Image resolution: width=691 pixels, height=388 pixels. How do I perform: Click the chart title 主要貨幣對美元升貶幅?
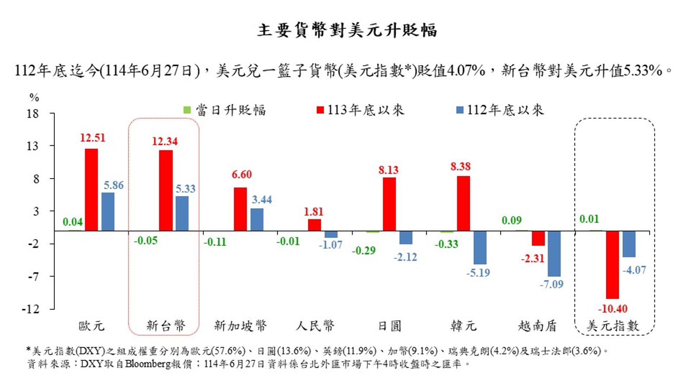coord(347,30)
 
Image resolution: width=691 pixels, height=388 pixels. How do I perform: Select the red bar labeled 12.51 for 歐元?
coord(91,190)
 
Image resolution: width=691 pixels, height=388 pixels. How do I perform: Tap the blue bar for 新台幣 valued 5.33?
coord(182,213)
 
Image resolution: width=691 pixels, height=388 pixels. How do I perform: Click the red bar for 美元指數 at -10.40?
coord(612,265)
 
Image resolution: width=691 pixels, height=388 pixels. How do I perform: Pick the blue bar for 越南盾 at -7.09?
coord(554,253)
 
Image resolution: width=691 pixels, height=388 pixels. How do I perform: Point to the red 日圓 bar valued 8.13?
coord(389,204)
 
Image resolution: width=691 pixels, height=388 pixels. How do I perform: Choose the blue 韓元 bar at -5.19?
coord(480,247)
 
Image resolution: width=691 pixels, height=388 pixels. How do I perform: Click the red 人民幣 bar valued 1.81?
coord(314,225)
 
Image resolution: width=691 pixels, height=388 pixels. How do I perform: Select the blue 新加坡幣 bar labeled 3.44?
coord(257,219)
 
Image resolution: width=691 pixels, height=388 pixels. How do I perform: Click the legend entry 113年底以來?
coord(361,110)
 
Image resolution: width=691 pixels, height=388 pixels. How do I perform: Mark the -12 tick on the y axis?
coord(30,309)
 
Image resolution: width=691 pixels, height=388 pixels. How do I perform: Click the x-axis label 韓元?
coord(463,325)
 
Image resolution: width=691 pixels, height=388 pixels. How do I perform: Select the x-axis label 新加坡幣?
coord(240,325)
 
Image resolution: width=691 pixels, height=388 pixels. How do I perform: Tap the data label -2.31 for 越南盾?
coord(533,258)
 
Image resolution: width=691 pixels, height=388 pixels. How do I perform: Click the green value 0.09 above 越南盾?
coord(511,220)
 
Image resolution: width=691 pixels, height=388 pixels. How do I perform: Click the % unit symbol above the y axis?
coord(34,98)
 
